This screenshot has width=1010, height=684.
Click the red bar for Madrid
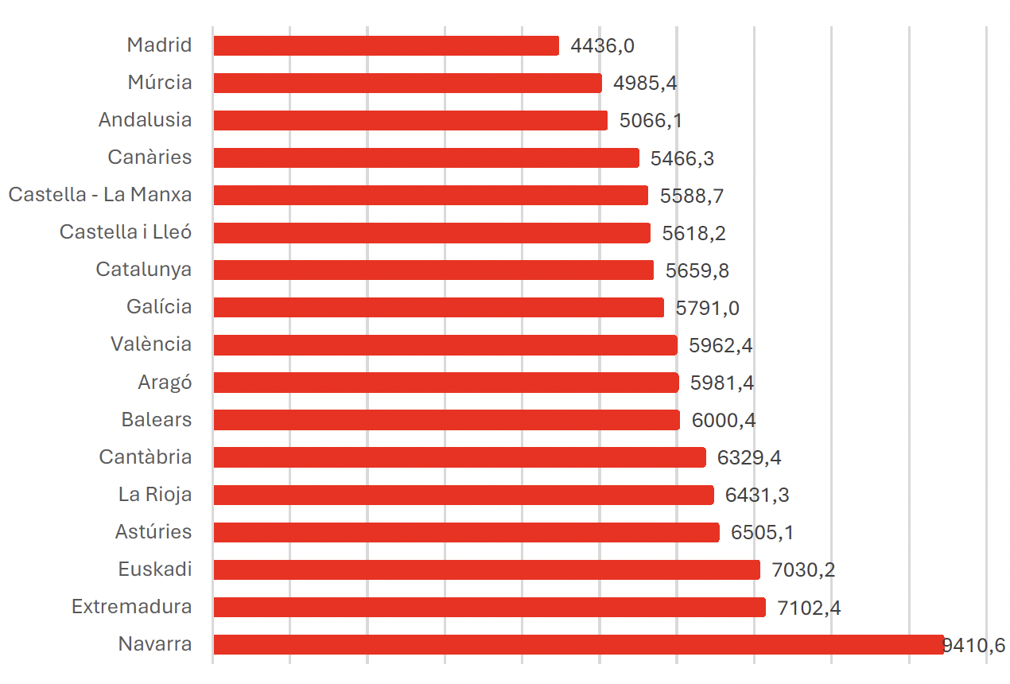(x=386, y=45)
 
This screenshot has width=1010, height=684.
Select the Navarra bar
(x=578, y=644)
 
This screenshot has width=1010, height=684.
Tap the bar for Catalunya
(x=433, y=270)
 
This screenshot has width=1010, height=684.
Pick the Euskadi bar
(x=487, y=569)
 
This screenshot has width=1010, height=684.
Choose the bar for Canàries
(x=426, y=157)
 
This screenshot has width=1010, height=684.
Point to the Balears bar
(x=446, y=420)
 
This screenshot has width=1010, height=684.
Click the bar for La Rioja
(x=464, y=495)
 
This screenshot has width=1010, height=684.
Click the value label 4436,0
(x=602, y=46)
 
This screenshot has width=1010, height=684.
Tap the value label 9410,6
(x=974, y=645)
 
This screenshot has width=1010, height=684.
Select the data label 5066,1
(x=651, y=121)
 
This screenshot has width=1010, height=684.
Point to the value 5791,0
(x=708, y=309)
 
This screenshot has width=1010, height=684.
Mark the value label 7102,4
(x=809, y=608)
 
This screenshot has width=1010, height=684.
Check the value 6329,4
(x=749, y=457)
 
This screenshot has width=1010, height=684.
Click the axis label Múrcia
(x=160, y=82)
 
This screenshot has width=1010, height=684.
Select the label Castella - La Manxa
(x=100, y=194)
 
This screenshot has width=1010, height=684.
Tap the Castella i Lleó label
(x=126, y=231)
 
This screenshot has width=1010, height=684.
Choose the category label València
(x=151, y=344)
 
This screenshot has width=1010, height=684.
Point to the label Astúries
(x=153, y=531)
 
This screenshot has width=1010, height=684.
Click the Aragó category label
(x=165, y=383)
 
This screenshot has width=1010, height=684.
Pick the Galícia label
(x=159, y=306)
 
